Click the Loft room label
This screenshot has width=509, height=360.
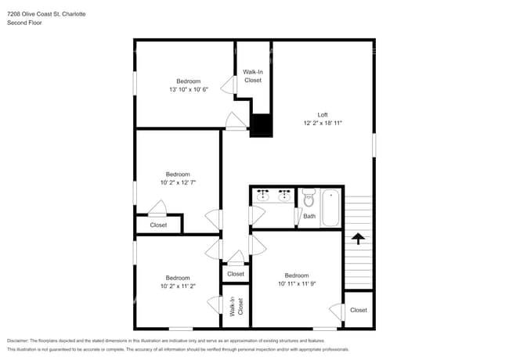(322, 114)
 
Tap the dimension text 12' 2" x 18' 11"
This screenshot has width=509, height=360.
(322, 123)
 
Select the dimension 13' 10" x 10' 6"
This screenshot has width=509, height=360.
(188, 89)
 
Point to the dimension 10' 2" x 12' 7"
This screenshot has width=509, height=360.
(177, 182)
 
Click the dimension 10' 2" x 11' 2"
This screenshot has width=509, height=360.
(177, 286)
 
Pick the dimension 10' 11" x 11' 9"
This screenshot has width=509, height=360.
(296, 283)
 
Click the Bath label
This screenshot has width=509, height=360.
(309, 216)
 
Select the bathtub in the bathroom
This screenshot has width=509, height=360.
(330, 207)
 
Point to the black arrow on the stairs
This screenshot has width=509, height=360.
(358, 238)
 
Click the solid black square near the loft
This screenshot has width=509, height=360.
(261, 126)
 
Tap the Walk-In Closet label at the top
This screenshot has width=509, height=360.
(253, 76)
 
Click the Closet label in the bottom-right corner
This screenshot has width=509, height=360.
(358, 310)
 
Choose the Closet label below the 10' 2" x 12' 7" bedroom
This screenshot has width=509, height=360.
(158, 225)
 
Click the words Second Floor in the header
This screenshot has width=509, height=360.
(24, 23)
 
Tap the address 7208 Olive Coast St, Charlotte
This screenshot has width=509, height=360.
(46, 14)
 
